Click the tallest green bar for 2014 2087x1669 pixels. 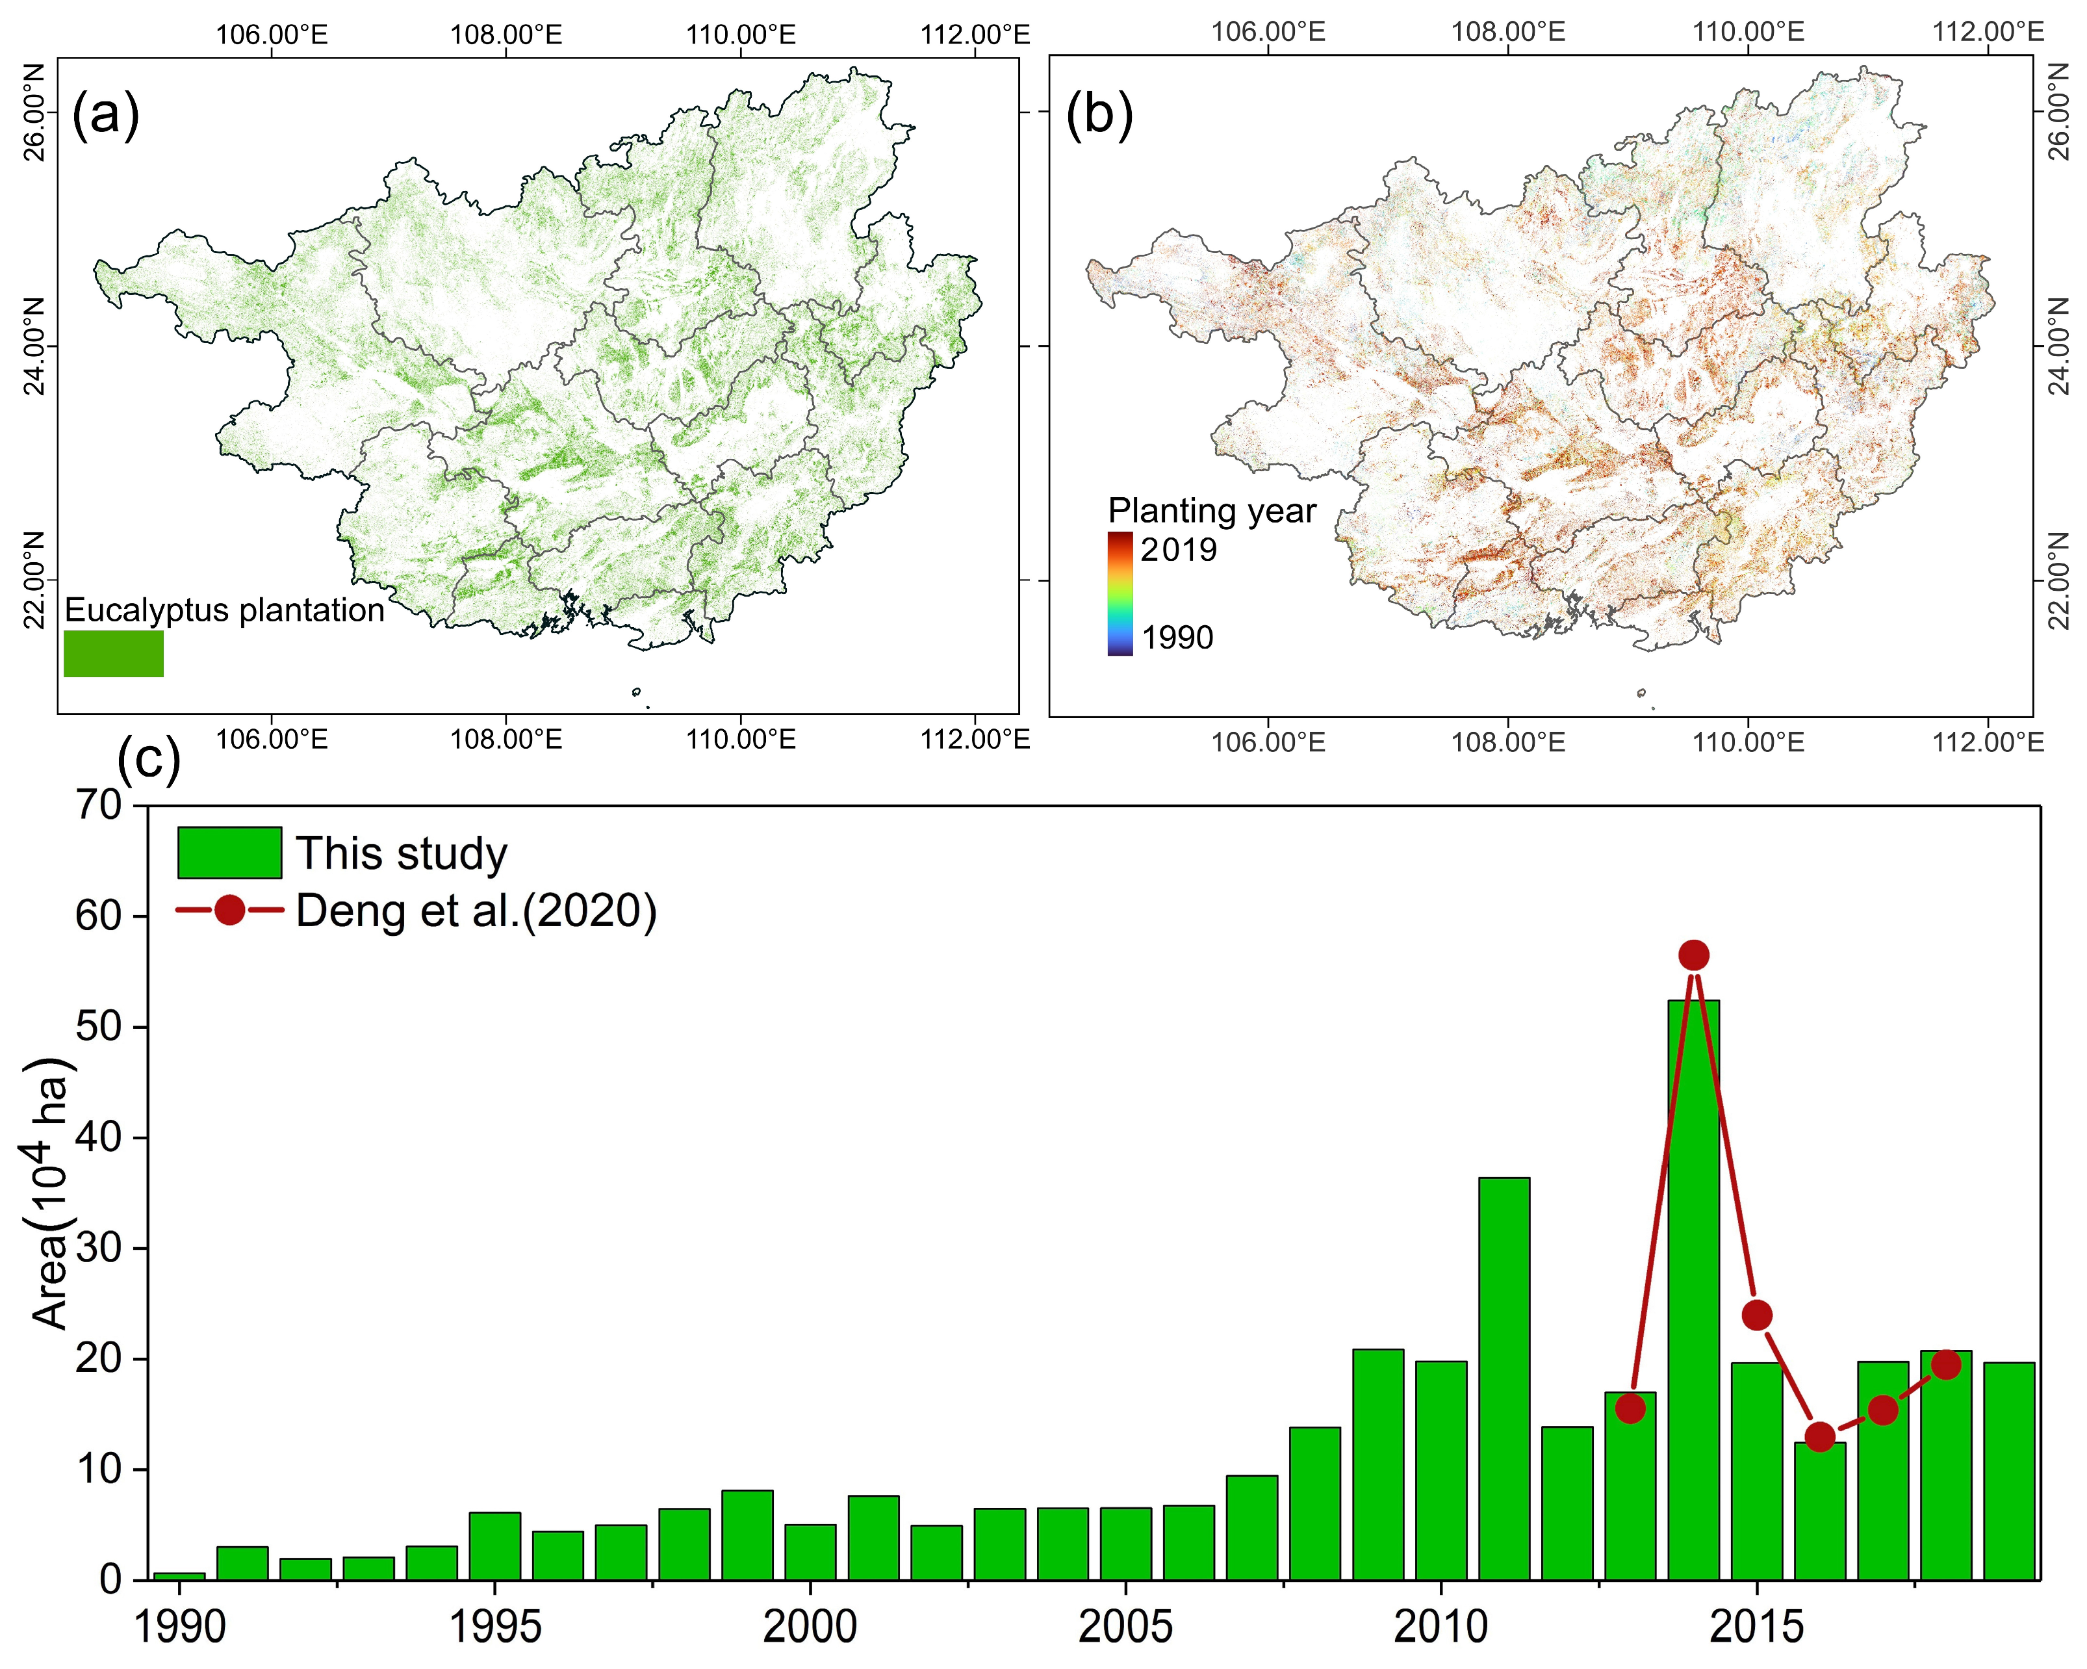coord(1693,1287)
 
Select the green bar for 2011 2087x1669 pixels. coord(1504,1375)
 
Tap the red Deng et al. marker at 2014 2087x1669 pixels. coord(1693,955)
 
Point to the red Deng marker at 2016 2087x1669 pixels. coord(1820,1437)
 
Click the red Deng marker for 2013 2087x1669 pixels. coord(1631,1408)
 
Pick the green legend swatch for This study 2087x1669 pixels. coord(229,853)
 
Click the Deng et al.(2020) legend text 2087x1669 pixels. coord(476,911)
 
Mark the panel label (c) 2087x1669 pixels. coord(148,759)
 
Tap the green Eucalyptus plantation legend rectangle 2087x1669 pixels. coord(113,653)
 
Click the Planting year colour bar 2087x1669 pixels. coord(1120,593)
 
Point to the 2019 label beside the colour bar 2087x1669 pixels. coord(1178,550)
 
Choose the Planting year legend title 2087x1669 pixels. coord(1212,510)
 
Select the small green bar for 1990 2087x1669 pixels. coord(180,1575)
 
